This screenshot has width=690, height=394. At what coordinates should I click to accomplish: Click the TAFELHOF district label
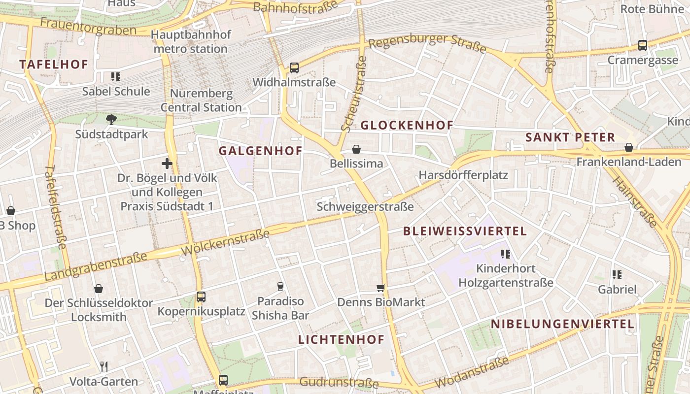pos(54,64)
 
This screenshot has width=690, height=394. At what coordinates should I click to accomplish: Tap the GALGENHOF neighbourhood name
pos(260,151)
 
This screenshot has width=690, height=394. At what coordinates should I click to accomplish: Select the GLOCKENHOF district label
pos(407,125)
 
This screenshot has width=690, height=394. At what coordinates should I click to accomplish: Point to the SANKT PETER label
pos(570,137)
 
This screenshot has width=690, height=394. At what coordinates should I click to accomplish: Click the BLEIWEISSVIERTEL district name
pos(465,231)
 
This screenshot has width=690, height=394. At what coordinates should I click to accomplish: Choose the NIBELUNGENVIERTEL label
pos(562,324)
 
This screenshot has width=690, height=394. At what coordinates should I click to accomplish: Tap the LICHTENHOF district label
pos(341,339)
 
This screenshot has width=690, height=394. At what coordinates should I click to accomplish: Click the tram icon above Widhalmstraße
pos(294,68)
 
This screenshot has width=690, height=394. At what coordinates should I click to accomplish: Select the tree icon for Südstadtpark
pos(111,119)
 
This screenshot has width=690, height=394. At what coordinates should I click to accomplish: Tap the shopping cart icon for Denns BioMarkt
pos(380,288)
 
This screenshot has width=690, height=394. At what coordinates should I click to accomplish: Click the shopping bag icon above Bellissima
pos(356,149)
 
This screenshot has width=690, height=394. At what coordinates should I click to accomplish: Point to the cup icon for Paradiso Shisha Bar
pos(280,286)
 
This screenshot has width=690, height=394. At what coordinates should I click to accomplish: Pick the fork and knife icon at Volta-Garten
pos(104,367)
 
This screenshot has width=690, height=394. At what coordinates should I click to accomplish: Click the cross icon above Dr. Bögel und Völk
pos(167,163)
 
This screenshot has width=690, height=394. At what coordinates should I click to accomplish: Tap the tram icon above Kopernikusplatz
pos(201,297)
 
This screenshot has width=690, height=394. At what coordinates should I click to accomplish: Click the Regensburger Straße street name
pos(427,43)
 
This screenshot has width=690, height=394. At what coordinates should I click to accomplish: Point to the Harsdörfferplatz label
pos(463,175)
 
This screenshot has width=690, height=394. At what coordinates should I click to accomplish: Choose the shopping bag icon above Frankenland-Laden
pos(629,147)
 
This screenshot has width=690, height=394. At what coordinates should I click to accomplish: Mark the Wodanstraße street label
pos(472,373)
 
